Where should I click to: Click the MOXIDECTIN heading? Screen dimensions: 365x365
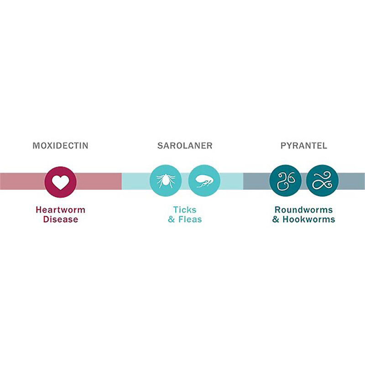[60, 146]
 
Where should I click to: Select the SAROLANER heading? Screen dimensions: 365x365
[185, 146]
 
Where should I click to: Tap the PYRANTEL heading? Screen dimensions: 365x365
[303, 146]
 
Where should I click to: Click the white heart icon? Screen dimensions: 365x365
[60, 182]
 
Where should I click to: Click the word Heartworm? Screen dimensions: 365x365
[60, 210]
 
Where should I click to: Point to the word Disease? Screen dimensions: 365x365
[60, 219]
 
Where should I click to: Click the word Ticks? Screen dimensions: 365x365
[185, 210]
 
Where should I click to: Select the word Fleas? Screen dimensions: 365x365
[190, 219]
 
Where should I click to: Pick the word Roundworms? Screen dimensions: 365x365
[303, 210]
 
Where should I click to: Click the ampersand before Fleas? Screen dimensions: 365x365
[172, 219]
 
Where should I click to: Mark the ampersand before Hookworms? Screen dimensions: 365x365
[276, 219]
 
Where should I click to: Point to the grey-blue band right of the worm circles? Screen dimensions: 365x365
[351, 181]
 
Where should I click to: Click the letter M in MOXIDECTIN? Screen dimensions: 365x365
[36, 146]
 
